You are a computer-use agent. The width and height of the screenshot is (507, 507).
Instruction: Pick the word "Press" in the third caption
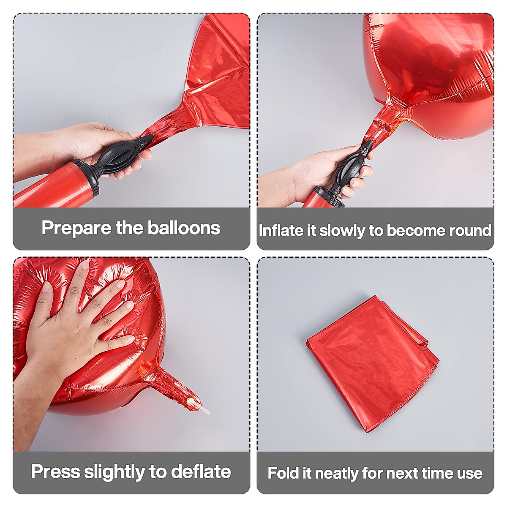(55, 472)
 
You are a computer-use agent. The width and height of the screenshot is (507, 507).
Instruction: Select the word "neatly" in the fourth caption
(337, 474)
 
